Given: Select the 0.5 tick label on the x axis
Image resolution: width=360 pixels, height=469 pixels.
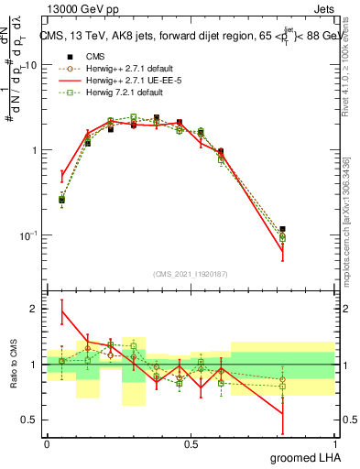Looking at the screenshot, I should [x=191, y=443].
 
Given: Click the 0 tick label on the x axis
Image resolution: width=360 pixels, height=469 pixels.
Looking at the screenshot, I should [x=47, y=443].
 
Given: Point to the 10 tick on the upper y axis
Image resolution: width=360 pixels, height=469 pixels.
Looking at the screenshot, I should [x=31, y=65].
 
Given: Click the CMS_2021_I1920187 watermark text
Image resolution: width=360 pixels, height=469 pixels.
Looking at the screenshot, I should [x=191, y=274].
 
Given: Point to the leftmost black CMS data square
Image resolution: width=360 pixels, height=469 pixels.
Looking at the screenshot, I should [x=62, y=199].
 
